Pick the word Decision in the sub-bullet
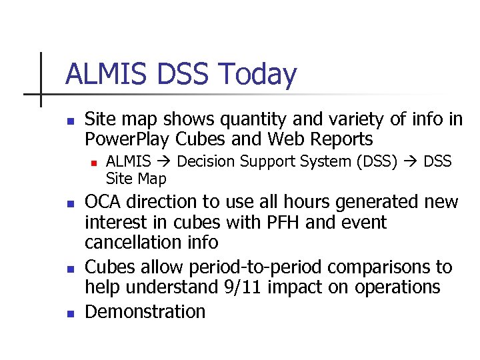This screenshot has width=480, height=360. tap(207, 162)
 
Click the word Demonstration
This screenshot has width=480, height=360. tap(145, 312)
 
